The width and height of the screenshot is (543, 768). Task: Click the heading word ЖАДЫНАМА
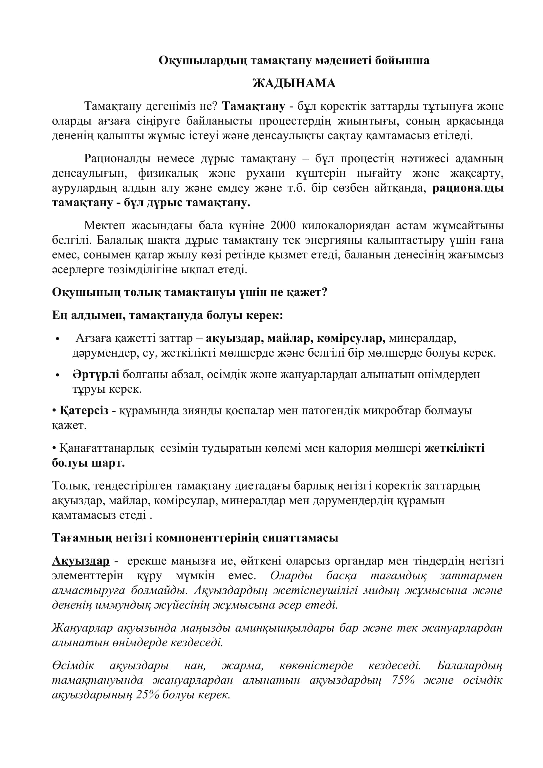pyautogui.click(x=293, y=83)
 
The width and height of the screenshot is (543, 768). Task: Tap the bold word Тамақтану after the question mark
pyautogui.click(x=253, y=106)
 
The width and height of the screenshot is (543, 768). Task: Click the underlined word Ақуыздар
pyautogui.click(x=80, y=561)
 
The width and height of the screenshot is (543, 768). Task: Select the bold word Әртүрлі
pyautogui.click(x=96, y=374)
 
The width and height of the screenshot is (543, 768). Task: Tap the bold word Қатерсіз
pyautogui.click(x=84, y=410)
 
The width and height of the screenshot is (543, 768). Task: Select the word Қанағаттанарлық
pyautogui.click(x=107, y=448)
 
